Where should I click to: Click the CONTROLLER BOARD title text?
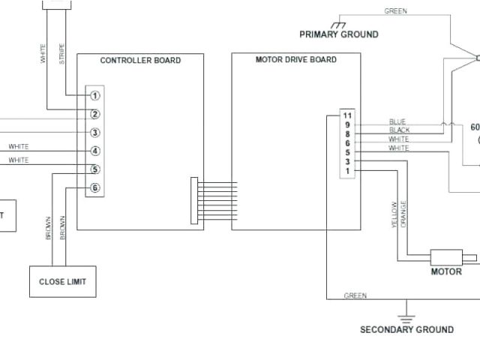coord(140,60)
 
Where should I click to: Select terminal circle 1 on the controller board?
coord(95,95)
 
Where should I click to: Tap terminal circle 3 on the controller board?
coord(95,133)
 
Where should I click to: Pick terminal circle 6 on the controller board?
coord(95,188)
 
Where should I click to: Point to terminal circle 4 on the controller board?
coord(95,151)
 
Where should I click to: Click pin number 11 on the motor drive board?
coord(347,115)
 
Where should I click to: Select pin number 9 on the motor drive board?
coord(347,125)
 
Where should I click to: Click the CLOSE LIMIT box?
coord(62,282)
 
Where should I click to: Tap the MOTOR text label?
coord(446,271)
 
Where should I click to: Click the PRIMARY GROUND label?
coord(339,34)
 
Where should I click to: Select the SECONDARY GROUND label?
coord(407,329)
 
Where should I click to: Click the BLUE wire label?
coord(397,121)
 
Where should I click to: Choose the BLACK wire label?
coord(400,130)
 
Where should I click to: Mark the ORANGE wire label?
coord(403,214)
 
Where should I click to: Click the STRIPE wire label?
coord(61,53)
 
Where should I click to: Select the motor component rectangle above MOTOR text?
coord(447,256)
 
